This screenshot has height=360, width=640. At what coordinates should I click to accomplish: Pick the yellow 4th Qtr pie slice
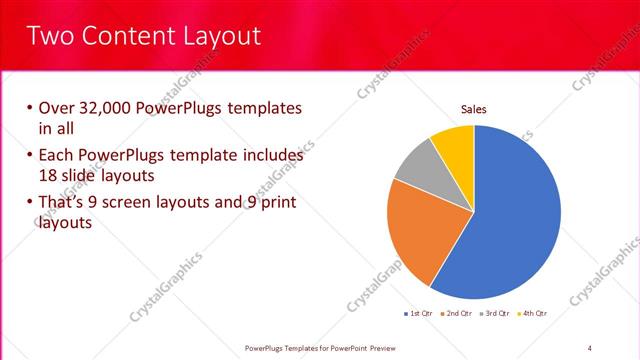[x=455, y=143]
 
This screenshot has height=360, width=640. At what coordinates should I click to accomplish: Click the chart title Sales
[x=473, y=110]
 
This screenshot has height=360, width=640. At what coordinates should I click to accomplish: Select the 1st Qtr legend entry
[x=418, y=314]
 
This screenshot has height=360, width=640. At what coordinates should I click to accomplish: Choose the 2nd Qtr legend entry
[x=458, y=314]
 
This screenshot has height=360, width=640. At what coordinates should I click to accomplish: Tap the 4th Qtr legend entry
[x=535, y=314]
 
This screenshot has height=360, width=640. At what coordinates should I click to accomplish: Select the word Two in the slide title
[x=50, y=37]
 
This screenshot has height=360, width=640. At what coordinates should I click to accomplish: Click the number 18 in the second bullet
[x=48, y=174]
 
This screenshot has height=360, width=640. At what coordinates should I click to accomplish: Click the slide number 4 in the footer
[x=589, y=347]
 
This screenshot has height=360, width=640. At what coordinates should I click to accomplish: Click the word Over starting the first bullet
[x=58, y=108]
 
